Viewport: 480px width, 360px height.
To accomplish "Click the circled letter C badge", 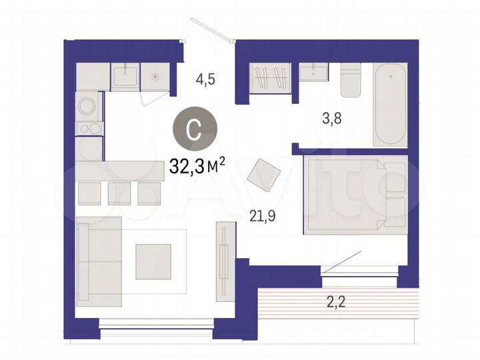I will point(193,129).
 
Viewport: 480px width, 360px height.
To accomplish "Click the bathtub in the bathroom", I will point(389,104).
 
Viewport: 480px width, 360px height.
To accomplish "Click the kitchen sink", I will point(125,76).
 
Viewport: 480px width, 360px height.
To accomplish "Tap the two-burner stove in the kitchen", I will point(88,128).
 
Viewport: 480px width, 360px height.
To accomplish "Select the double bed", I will point(355,195).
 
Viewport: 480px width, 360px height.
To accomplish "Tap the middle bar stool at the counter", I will point(119,193).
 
